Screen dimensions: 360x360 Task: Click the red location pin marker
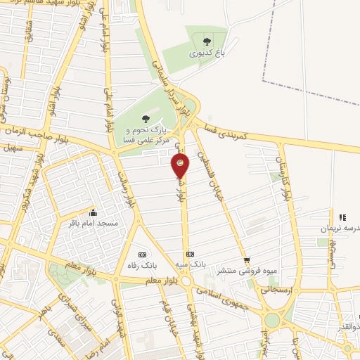tap(181, 166)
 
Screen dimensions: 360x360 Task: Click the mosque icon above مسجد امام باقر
tap(92, 212)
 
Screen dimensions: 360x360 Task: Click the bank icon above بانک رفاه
tap(142, 254)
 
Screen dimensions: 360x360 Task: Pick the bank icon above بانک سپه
tap(189, 254)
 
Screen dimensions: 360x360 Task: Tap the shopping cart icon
tap(246, 260)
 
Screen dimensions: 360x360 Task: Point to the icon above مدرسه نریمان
tap(342, 218)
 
